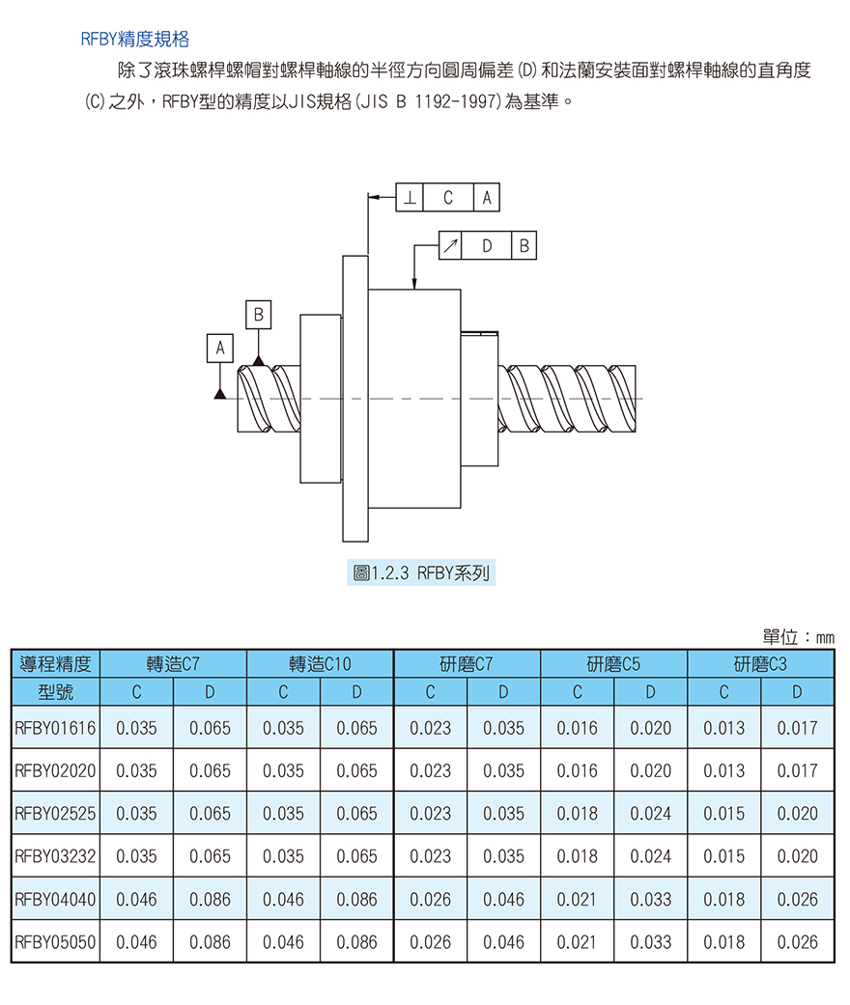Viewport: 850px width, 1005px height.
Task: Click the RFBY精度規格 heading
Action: click(134, 39)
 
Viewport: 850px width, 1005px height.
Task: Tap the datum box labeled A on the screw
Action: click(220, 348)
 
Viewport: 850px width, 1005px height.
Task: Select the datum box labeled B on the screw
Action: click(259, 315)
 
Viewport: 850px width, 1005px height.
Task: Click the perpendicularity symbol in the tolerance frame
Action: click(410, 197)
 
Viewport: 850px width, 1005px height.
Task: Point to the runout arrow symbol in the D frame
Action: click(450, 245)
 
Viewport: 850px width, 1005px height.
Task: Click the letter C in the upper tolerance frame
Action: click(448, 197)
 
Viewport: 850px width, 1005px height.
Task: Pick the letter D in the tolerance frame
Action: click(487, 245)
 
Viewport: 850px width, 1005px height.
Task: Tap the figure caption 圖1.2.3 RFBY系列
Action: click(421, 572)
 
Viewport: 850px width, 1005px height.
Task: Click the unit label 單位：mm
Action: click(798, 637)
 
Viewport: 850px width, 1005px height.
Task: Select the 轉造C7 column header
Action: click(173, 664)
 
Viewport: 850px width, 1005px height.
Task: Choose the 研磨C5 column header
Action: click(614, 664)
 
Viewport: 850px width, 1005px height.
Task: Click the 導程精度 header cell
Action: click(56, 664)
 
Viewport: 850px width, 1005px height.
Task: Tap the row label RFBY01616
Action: click(55, 728)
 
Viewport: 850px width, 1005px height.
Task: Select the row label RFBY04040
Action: click(55, 899)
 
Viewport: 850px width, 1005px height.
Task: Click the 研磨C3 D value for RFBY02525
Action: click(798, 813)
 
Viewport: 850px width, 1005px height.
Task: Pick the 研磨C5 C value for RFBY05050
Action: click(578, 942)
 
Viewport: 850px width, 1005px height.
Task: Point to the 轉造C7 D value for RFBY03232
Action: click(210, 856)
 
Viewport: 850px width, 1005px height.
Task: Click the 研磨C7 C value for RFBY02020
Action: click(431, 771)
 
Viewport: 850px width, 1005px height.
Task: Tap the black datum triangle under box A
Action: click(220, 394)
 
